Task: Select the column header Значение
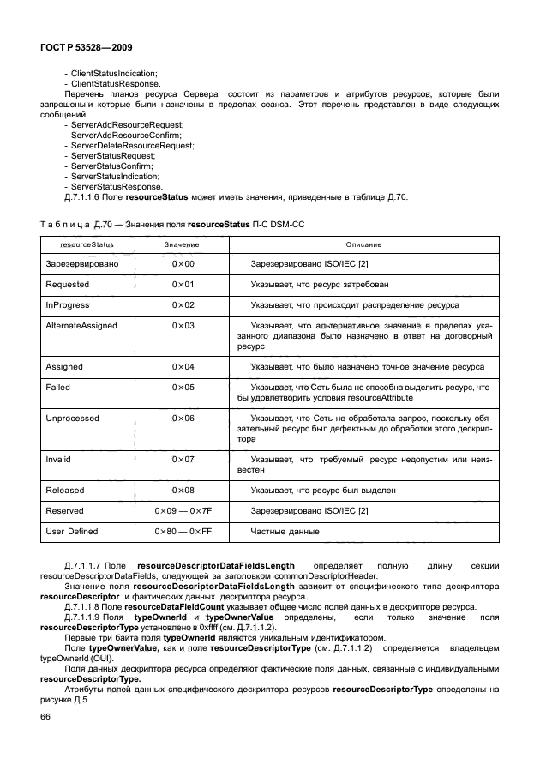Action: (182, 244)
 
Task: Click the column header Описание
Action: (363, 244)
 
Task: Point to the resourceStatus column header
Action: (81, 244)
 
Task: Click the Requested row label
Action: (66, 284)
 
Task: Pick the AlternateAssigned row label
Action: (81, 326)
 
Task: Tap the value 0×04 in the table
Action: (183, 367)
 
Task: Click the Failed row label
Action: (57, 388)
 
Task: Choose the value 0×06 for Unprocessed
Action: (183, 419)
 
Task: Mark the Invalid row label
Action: (58, 459)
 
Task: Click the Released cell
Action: (64, 491)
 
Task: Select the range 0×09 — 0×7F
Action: (182, 511)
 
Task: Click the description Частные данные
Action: (285, 532)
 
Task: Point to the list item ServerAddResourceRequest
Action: (127, 125)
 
